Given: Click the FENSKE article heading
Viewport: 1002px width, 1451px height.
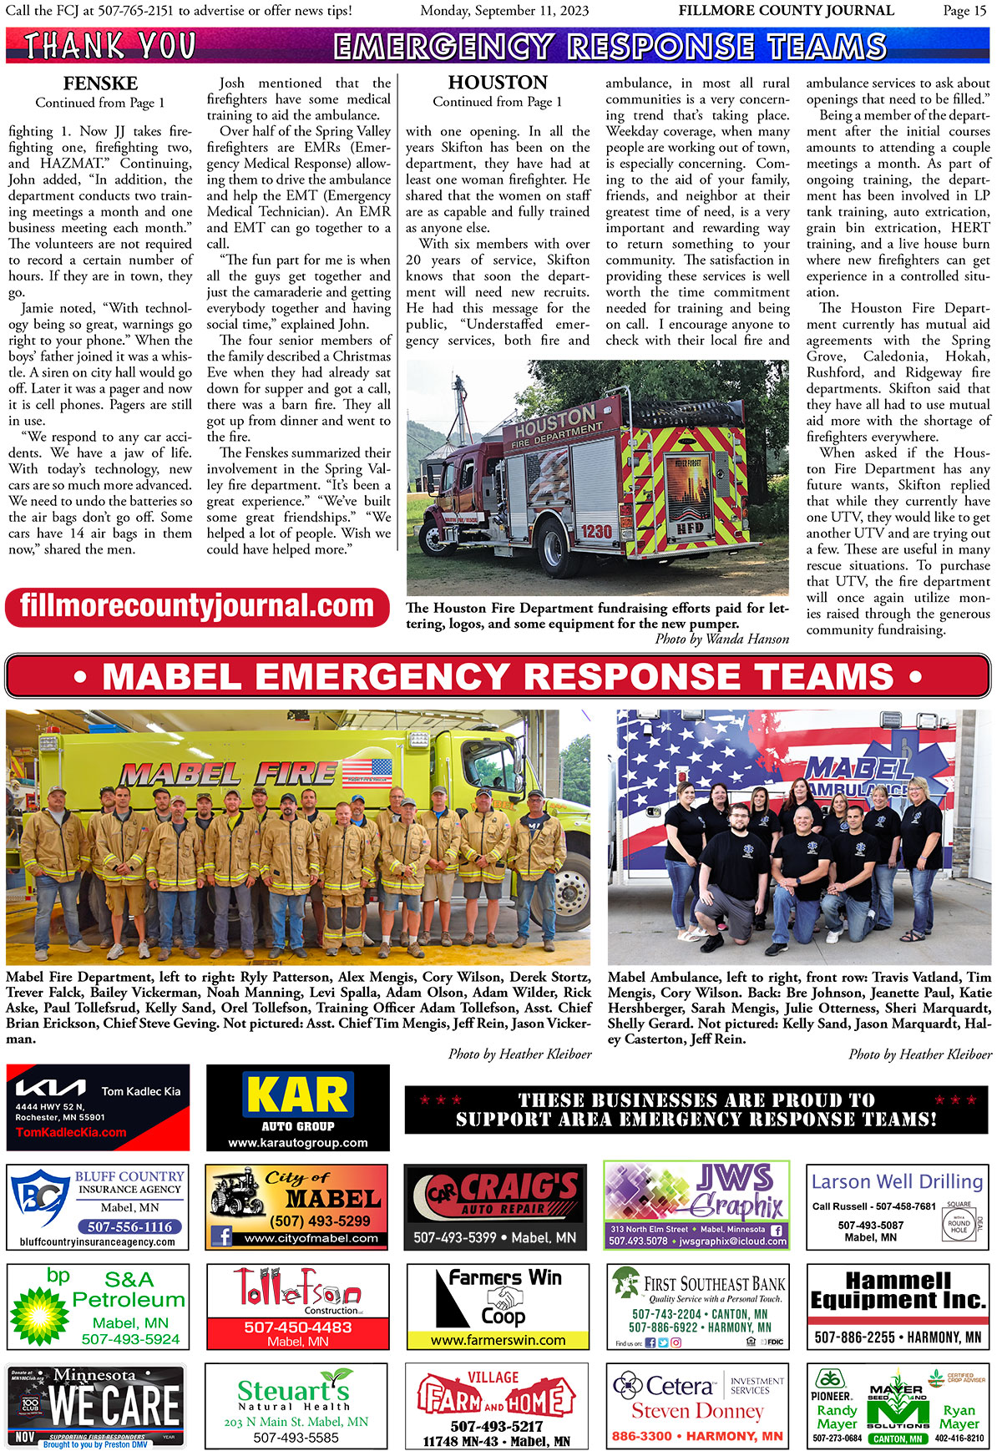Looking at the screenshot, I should point(100,83).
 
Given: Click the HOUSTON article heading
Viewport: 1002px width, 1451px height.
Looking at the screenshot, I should point(498,83).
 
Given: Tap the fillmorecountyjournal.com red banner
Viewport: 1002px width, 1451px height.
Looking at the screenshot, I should point(197,607).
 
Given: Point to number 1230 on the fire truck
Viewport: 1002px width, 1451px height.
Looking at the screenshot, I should point(596,531).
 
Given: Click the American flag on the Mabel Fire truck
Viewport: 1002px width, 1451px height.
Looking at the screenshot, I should point(367,773).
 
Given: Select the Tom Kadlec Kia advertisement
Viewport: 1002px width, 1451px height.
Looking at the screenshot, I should point(98,1107).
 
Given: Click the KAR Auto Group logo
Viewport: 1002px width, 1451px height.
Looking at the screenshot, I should point(297,1096).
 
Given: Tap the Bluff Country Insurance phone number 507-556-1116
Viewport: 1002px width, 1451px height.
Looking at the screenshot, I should point(130,1226).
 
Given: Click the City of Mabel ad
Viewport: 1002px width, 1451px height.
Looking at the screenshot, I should point(296,1206).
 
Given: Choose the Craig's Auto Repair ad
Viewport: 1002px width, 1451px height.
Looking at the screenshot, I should point(495,1206).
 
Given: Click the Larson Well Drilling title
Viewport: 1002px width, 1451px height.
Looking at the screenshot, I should point(898,1181).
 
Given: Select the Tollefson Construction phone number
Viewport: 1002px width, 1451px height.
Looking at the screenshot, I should point(297,1327).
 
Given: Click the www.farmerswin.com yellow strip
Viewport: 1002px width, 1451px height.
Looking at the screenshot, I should point(498,1340).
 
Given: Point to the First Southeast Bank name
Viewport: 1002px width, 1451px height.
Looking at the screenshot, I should point(715,1284).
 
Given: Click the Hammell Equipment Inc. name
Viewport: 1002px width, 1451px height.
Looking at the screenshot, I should point(898,1290).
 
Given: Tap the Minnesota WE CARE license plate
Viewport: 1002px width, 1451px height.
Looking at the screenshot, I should point(96,1406).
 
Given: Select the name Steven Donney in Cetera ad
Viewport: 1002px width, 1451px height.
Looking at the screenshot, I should point(697,1411).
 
